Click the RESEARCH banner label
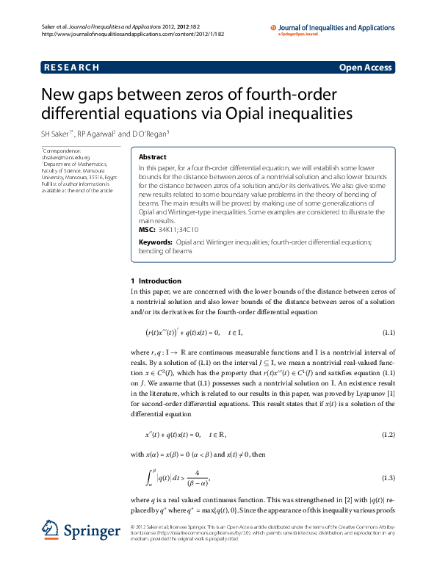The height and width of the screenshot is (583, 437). tap(71, 68)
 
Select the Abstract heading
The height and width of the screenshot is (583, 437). tap(153, 157)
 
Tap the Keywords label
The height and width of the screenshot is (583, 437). tap(156, 242)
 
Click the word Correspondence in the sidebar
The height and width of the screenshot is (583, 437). tap(62, 150)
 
